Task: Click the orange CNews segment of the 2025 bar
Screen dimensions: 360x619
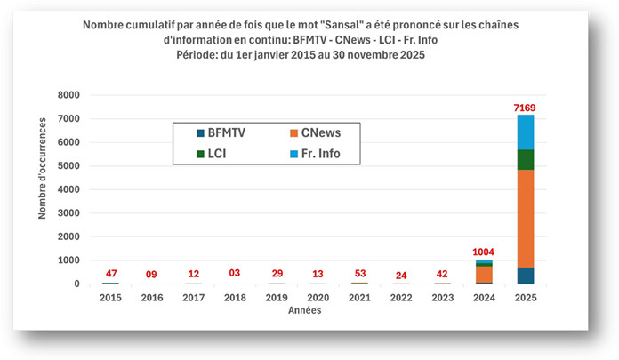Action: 526,218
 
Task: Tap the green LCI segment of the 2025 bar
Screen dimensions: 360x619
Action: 526,159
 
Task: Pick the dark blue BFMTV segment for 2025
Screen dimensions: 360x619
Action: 526,276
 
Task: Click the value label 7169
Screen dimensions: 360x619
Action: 526,108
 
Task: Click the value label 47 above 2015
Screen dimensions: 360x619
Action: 110,273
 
